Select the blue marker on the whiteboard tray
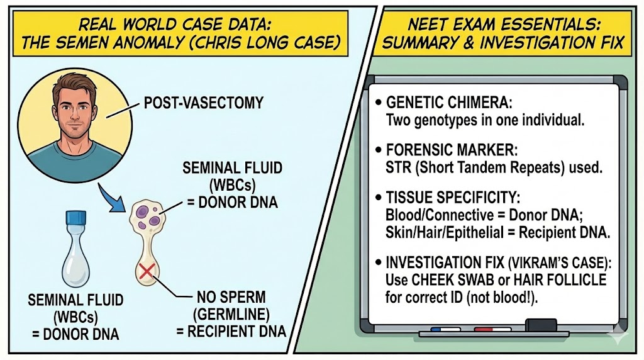click(445, 329)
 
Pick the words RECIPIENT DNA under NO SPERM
click(249, 331)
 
